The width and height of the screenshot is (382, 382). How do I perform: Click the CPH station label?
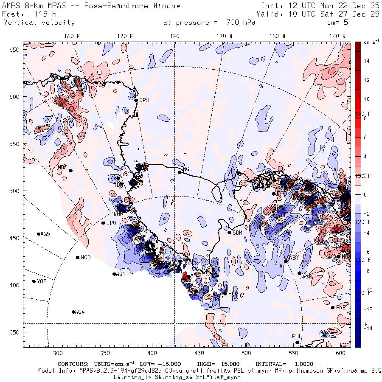145,100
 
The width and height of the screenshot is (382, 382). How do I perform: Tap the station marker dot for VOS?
34,281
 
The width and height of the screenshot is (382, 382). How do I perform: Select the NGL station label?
187,169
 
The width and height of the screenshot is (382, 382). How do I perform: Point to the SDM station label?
238,233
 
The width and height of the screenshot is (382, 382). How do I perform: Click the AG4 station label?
79,312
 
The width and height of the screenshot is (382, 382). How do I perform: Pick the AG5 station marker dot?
39,234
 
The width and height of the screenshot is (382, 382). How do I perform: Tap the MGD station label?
86,257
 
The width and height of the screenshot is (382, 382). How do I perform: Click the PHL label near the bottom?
296,336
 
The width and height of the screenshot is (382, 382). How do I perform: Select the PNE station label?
341,307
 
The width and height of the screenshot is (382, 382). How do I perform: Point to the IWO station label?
111,223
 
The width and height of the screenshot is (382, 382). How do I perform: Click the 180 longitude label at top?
174,37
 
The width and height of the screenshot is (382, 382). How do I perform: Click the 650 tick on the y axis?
15,50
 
